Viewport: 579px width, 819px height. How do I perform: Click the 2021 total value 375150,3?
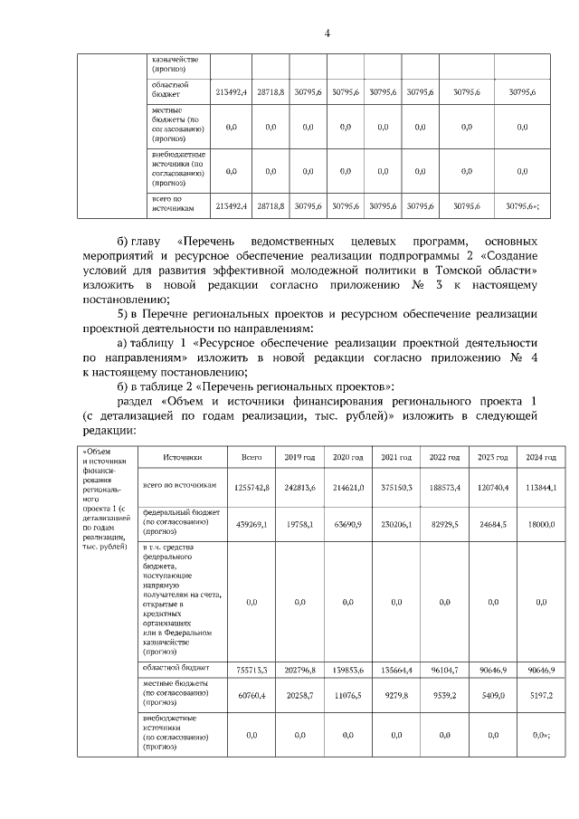click(x=396, y=487)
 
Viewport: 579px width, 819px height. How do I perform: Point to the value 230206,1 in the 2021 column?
click(x=396, y=523)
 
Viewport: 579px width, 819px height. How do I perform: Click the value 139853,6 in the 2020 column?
click(x=347, y=671)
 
